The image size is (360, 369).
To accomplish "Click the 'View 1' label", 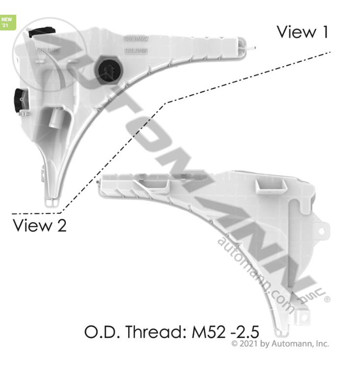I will [x=302, y=32].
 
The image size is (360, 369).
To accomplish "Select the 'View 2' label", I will [x=39, y=226].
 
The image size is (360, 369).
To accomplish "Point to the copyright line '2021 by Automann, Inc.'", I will [x=284, y=344].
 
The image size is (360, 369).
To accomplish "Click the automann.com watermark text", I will [x=255, y=275].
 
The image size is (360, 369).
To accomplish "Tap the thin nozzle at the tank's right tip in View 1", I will [x=250, y=48].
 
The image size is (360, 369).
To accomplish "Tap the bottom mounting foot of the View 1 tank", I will [x=52, y=202].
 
